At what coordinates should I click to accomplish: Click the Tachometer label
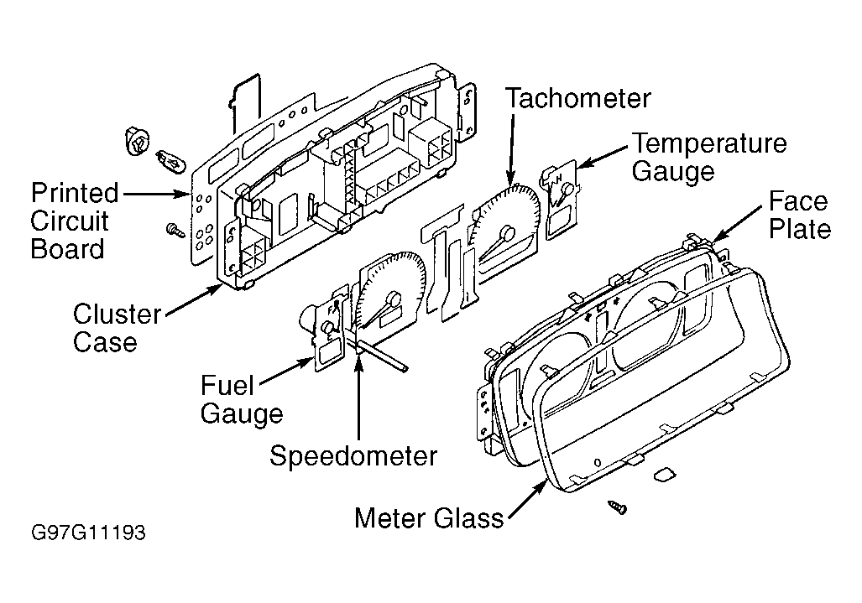click(x=577, y=99)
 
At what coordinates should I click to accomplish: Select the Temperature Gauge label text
click(x=709, y=157)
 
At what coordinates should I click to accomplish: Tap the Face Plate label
click(x=799, y=216)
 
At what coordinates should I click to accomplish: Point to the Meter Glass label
click(x=429, y=518)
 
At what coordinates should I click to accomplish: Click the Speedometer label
click(x=353, y=456)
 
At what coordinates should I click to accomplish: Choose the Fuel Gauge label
click(x=242, y=400)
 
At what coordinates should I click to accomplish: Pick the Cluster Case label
click(x=118, y=329)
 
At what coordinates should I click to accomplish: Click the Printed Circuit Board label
click(x=74, y=221)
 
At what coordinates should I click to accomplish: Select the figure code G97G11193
click(x=88, y=533)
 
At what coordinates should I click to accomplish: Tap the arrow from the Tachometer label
click(x=512, y=148)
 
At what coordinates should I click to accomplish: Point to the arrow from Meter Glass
click(x=527, y=498)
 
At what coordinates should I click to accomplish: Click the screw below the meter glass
click(x=618, y=507)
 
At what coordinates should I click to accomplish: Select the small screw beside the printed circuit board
click(x=175, y=230)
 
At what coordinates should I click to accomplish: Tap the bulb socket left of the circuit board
click(x=138, y=141)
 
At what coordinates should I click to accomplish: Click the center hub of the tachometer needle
click(x=508, y=233)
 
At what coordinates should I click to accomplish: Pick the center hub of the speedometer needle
click(x=393, y=300)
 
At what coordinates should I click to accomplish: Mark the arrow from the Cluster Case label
click(x=193, y=301)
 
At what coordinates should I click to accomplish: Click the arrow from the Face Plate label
click(x=737, y=224)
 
